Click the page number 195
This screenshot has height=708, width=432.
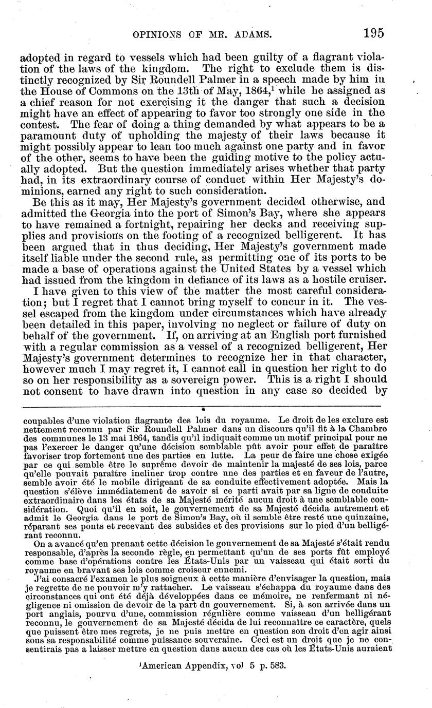pyautogui.click(x=373, y=34)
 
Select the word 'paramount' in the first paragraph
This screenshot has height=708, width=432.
pyautogui.click(x=48, y=135)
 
